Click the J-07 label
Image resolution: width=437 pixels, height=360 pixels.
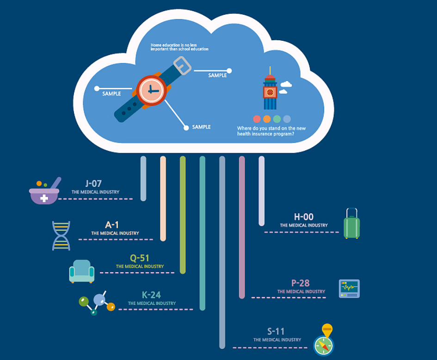click(x=93, y=184)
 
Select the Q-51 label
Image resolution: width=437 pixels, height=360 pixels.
click(x=140, y=258)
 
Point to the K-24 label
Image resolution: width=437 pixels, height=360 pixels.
click(x=151, y=295)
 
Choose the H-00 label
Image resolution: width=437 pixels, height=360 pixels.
click(x=303, y=217)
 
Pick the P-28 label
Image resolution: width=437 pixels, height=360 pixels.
click(x=301, y=283)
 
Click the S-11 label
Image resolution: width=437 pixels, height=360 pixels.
click(x=276, y=331)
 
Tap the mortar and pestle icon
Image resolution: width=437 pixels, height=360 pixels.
click(x=45, y=191)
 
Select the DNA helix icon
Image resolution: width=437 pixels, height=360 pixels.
click(x=61, y=236)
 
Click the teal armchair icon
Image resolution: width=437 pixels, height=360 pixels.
click(x=82, y=271)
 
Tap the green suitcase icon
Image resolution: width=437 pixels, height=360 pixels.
click(x=351, y=224)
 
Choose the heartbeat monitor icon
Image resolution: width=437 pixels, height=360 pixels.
click(x=349, y=288)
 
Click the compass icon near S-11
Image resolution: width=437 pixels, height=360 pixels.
click(x=324, y=343)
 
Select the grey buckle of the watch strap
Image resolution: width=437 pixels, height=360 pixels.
click(x=183, y=65)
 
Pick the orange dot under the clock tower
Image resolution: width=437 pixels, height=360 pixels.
click(x=267, y=119)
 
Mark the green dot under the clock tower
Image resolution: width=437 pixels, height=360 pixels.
click(x=277, y=119)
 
